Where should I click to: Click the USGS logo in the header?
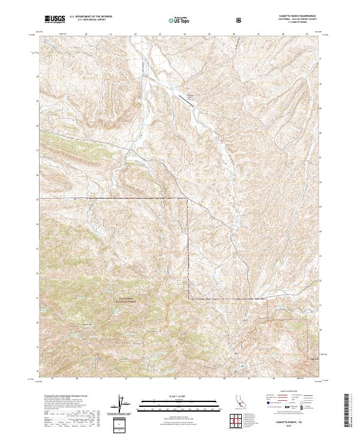pyautogui.click(x=55, y=19)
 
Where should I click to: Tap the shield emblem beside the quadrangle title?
pyautogui.click(x=240, y=20)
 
